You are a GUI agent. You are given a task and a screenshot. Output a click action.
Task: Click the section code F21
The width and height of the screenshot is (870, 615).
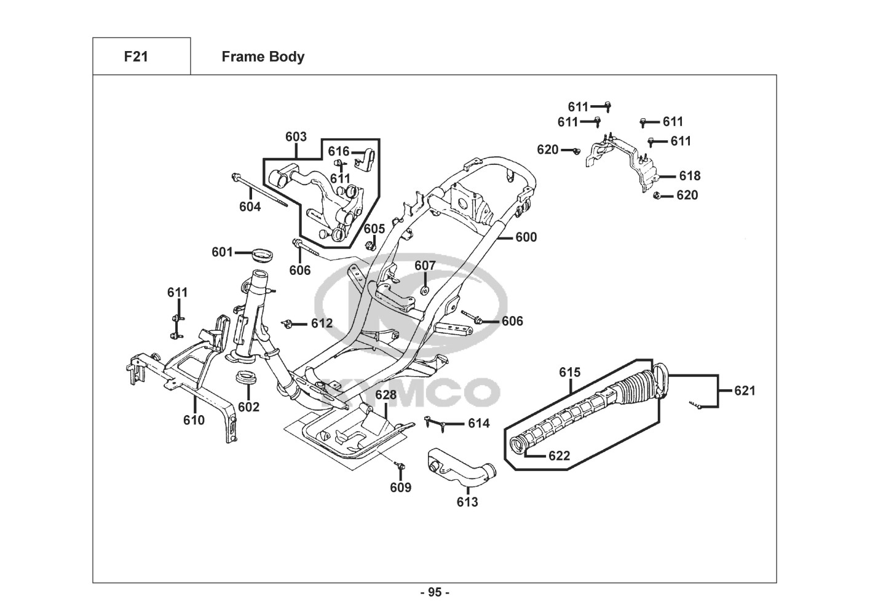(x=136, y=57)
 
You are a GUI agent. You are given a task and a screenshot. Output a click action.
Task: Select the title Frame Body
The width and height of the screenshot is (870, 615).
(x=263, y=57)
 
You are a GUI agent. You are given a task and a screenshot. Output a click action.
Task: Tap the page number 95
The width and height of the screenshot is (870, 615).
(x=435, y=593)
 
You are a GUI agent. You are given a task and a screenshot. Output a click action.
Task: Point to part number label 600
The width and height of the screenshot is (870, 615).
(x=526, y=237)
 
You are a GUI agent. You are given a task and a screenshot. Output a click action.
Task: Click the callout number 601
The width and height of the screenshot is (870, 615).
(x=222, y=252)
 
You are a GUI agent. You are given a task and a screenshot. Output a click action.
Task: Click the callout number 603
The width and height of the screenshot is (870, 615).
(x=296, y=137)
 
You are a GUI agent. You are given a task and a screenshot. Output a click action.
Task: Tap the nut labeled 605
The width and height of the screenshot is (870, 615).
(x=370, y=246)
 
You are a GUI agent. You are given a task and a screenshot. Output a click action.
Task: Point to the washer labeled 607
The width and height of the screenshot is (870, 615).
(x=424, y=288)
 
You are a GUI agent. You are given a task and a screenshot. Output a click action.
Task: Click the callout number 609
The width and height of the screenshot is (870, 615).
(x=400, y=488)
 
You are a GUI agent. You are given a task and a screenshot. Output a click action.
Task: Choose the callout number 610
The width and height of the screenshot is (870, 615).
(x=194, y=420)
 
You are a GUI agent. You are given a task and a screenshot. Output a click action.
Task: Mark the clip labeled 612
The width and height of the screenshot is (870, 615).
(x=287, y=323)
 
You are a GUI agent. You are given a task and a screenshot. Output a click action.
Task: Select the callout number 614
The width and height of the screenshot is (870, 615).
(x=479, y=423)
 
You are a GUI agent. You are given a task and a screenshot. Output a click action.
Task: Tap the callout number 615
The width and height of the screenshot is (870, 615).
(x=569, y=373)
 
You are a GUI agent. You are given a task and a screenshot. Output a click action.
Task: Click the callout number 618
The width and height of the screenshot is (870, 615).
(x=689, y=176)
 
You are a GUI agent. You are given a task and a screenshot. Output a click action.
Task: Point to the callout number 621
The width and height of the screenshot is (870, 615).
(x=745, y=391)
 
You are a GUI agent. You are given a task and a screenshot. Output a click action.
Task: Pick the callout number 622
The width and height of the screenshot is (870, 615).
(x=559, y=456)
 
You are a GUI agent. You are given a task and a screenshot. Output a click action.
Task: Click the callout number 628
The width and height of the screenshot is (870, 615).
(x=386, y=395)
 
